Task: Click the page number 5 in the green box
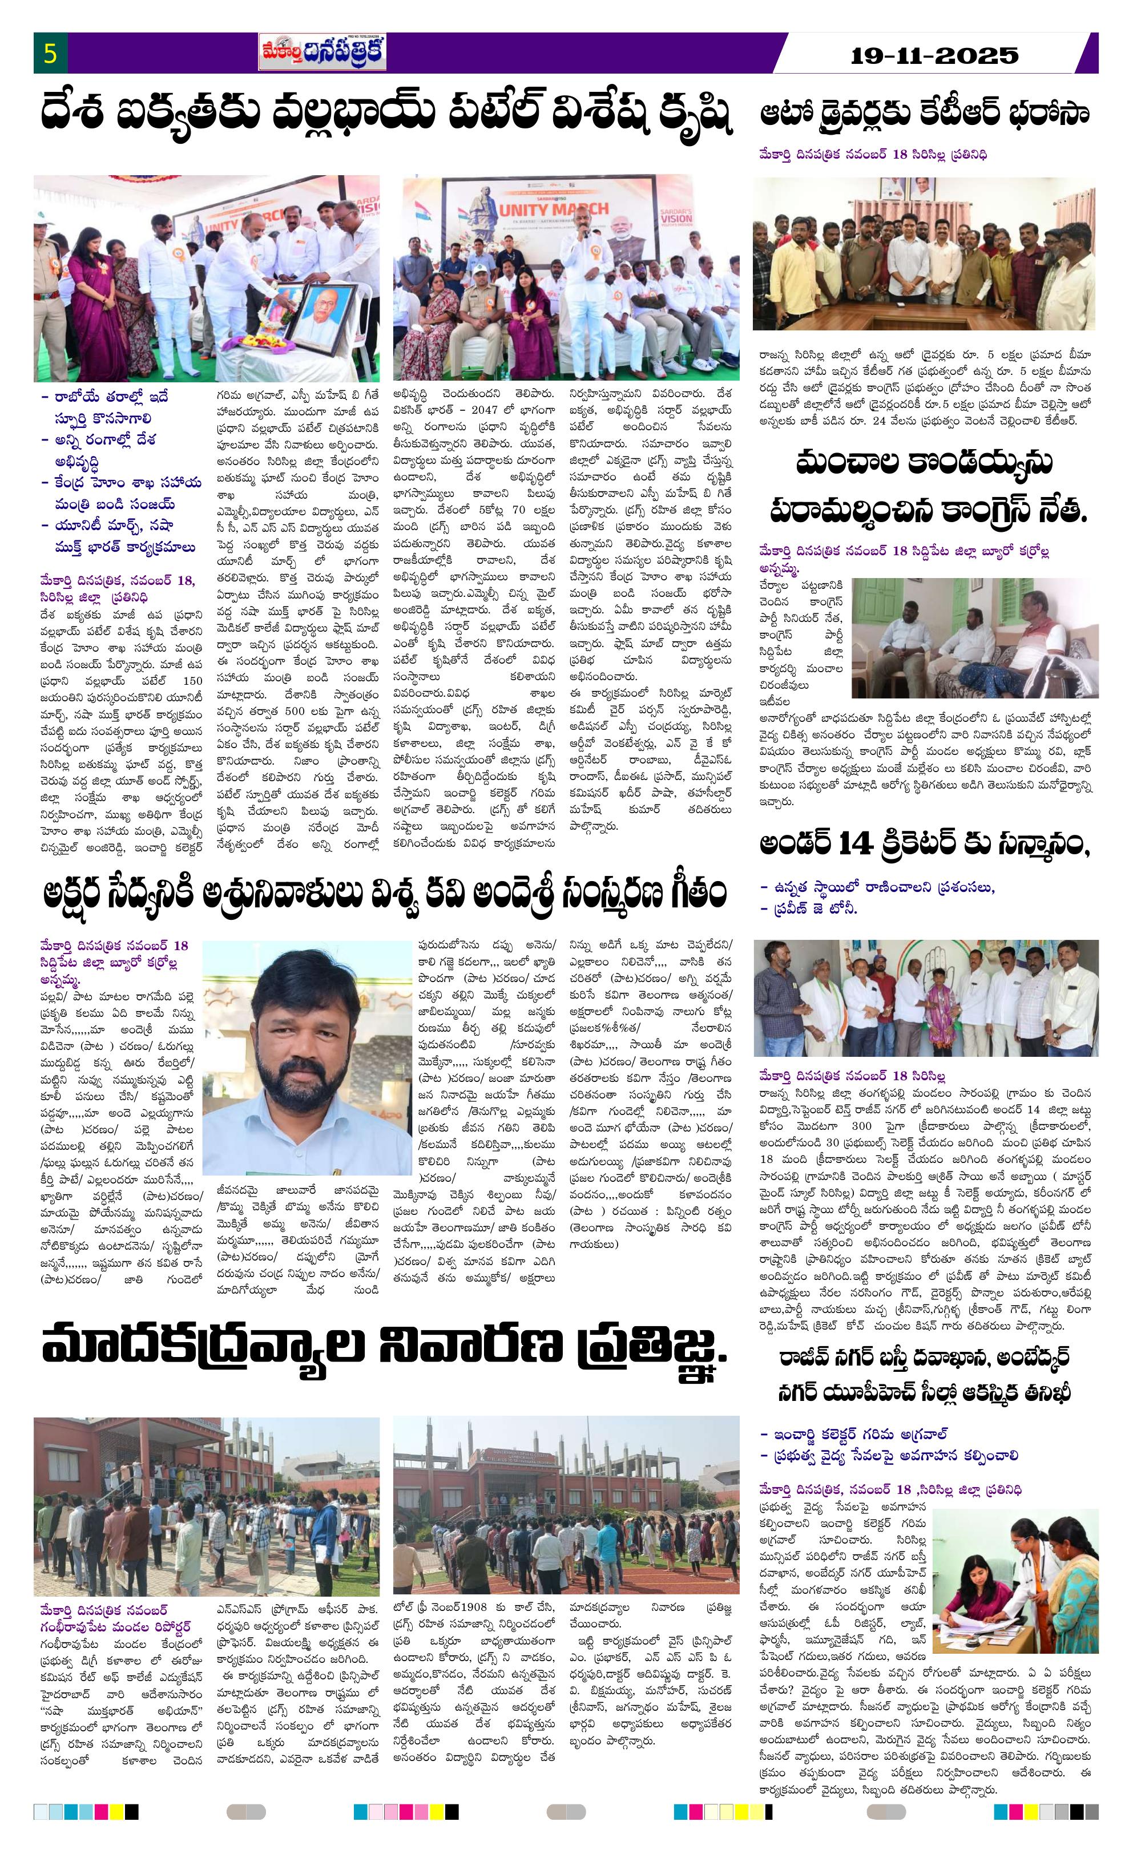[50, 55]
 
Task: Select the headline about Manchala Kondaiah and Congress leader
[924, 487]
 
